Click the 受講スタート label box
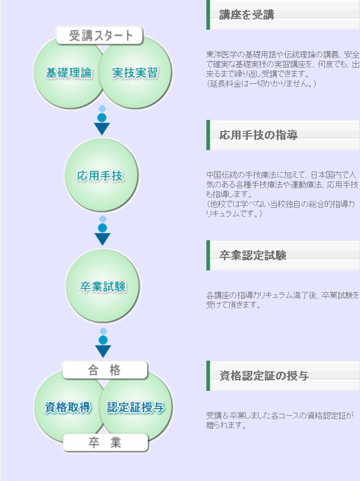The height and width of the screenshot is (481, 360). [100, 36]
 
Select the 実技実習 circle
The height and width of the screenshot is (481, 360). [136, 73]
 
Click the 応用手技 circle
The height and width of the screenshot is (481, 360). [101, 175]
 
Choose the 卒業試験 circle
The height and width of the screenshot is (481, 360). [102, 287]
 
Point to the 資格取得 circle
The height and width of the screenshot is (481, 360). [68, 407]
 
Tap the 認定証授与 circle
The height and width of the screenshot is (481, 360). [136, 407]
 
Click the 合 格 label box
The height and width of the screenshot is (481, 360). [105, 370]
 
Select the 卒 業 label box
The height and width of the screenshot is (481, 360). [105, 443]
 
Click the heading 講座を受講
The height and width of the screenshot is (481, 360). [247, 15]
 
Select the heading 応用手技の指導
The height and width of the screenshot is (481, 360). [259, 135]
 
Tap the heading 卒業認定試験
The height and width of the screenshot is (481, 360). [253, 255]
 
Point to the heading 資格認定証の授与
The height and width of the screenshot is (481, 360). [264, 376]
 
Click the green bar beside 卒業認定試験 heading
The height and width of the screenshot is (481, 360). [208, 255]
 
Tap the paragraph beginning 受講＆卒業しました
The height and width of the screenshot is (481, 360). [279, 421]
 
